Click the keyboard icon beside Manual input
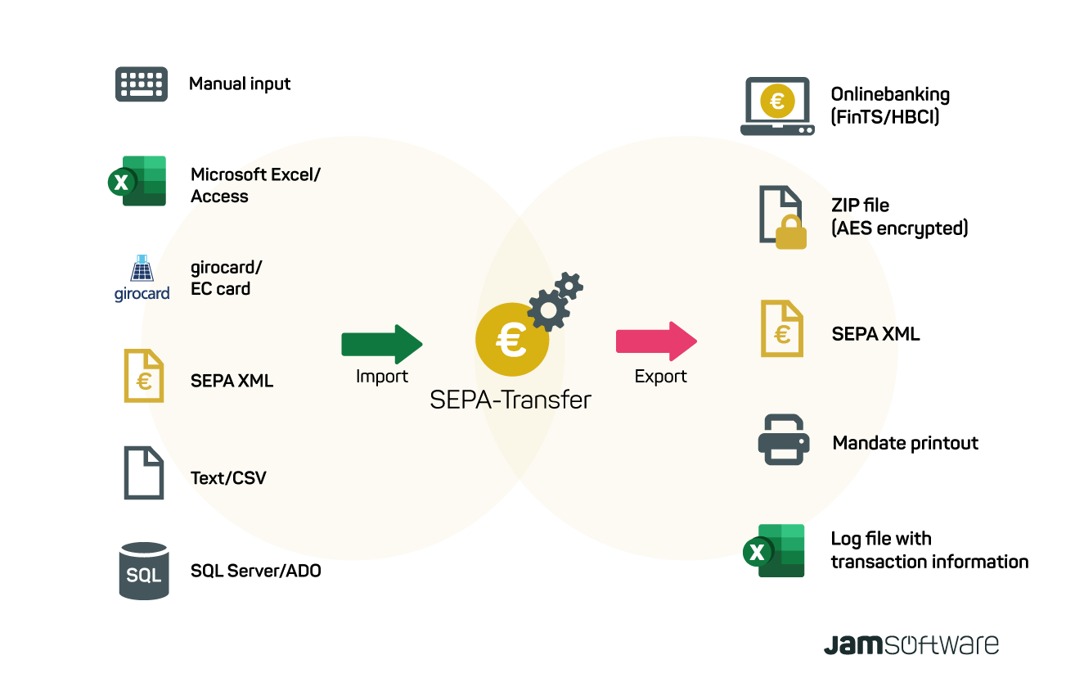click(x=142, y=84)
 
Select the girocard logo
click(x=142, y=279)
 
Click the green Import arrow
click(x=382, y=344)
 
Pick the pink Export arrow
click(x=656, y=341)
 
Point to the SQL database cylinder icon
click(x=143, y=571)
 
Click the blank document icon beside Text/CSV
click(x=144, y=473)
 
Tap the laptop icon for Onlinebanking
click(x=777, y=106)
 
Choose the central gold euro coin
click(x=511, y=340)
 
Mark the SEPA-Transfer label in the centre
click(x=511, y=400)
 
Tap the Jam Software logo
click(x=911, y=644)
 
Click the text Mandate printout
click(x=905, y=443)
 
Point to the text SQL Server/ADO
click(x=255, y=571)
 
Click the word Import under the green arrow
click(x=381, y=377)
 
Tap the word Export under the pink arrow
click(x=661, y=377)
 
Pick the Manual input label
click(x=240, y=84)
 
